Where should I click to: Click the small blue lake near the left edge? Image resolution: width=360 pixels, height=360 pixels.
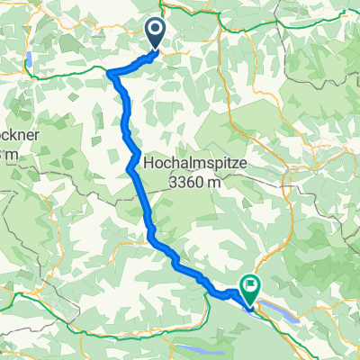pyautogui.click(x=32, y=60)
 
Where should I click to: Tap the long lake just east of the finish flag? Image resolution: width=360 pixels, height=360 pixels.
pyautogui.click(x=278, y=306)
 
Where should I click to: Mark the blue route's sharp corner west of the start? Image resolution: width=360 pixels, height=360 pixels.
pyautogui.click(x=110, y=72)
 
